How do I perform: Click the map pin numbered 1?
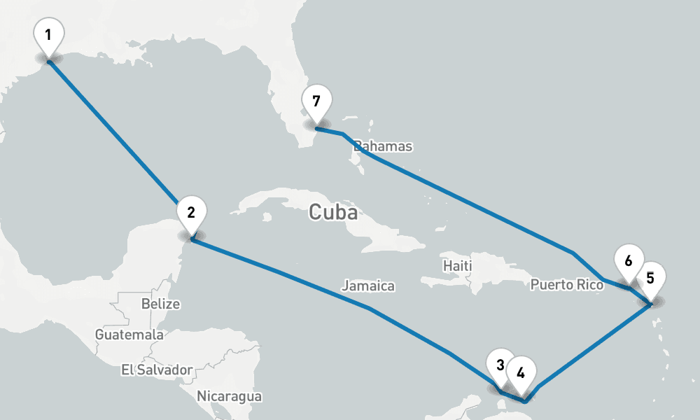pyautogui.click(x=48, y=35)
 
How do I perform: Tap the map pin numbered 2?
pyautogui.click(x=192, y=211)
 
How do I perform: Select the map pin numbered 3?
pyautogui.click(x=500, y=365)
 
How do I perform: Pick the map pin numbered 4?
pyautogui.click(x=521, y=372)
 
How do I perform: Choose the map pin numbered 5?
pyautogui.click(x=650, y=278)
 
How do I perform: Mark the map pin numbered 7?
pyautogui.click(x=316, y=102)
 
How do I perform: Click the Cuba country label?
pyautogui.click(x=333, y=212)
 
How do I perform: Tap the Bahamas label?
pyautogui.click(x=383, y=146)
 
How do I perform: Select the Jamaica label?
pyautogui.click(x=368, y=286)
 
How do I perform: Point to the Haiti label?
pyautogui.click(x=458, y=266)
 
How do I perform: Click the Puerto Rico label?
pyautogui.click(x=566, y=284)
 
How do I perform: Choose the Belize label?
pyautogui.click(x=160, y=304)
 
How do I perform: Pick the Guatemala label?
pyautogui.click(x=129, y=335)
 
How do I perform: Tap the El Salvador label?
pyautogui.click(x=156, y=369)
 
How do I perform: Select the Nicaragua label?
pyautogui.click(x=229, y=396)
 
